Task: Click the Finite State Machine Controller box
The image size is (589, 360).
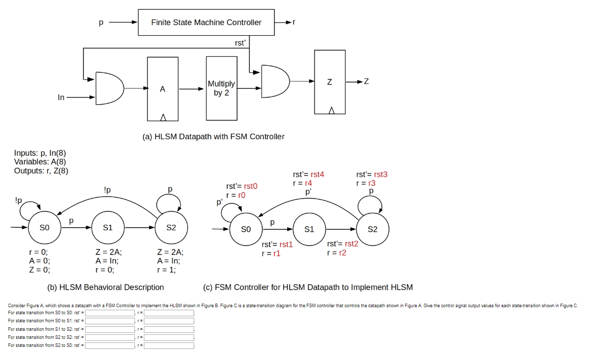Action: tap(206, 22)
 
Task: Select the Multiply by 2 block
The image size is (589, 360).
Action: tap(221, 88)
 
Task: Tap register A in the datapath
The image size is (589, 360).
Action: tap(162, 89)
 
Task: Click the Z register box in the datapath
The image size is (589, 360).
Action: tap(329, 81)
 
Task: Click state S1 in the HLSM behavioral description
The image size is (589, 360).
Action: tap(108, 228)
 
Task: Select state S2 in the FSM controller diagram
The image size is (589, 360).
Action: tap(373, 229)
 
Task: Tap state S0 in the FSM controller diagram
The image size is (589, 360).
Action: tap(246, 229)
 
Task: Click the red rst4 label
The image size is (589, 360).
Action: tap(317, 174)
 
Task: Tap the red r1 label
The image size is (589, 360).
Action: tap(276, 253)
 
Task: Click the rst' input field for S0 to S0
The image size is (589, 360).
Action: tap(109, 313)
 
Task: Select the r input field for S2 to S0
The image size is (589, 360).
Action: tap(169, 345)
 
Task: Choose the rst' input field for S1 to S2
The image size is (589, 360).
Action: tap(109, 329)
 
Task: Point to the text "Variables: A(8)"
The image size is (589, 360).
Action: tap(40, 162)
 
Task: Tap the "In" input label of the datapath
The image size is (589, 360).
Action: tap(61, 98)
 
